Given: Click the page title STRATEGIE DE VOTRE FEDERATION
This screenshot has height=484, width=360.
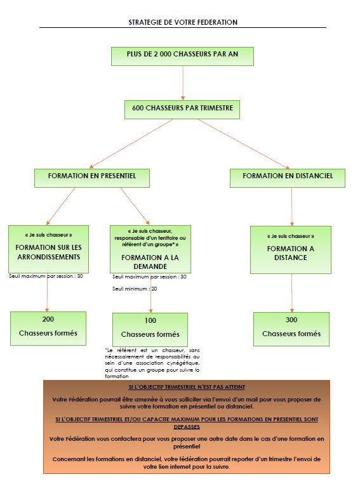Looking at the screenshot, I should coord(182,22).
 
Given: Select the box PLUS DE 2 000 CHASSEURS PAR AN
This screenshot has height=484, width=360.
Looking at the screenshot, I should coord(182,56).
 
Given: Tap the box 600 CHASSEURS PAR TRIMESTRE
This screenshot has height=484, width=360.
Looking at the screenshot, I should coord(182,109).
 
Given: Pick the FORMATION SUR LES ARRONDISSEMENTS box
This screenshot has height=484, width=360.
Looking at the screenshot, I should coord(48,248).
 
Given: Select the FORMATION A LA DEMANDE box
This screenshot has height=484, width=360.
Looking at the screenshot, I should coord(149,249).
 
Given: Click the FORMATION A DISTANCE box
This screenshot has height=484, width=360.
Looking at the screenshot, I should coord(290,249).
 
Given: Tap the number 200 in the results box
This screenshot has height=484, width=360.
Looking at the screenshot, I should coord(48,319).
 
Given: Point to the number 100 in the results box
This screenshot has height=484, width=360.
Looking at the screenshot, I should coord(150,320).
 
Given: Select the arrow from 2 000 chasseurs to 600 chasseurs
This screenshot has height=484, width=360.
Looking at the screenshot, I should coord(182,82).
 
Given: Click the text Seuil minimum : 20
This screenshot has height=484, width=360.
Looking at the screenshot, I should coord(135,289).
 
